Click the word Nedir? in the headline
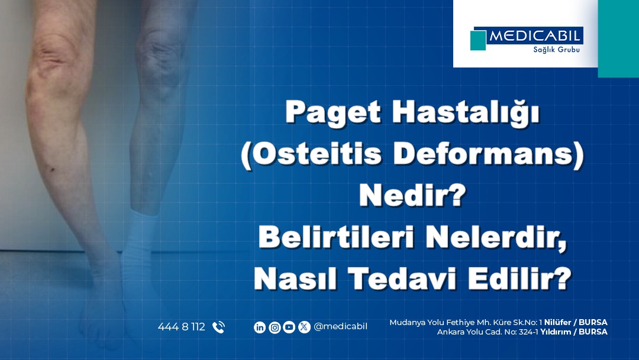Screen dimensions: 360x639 click(410, 195)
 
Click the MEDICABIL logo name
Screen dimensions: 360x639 click(535, 37)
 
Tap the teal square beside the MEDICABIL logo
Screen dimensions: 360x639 click(478, 40)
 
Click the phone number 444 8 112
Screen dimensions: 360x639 click(182, 327)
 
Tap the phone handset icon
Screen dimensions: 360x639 click(218, 327)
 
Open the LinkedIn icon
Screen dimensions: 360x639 click(260, 327)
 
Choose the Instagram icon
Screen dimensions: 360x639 click(275, 327)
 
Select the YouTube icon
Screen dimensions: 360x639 click(289, 327)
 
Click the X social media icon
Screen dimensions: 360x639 click(304, 327)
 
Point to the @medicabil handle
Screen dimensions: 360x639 click(340, 327)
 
